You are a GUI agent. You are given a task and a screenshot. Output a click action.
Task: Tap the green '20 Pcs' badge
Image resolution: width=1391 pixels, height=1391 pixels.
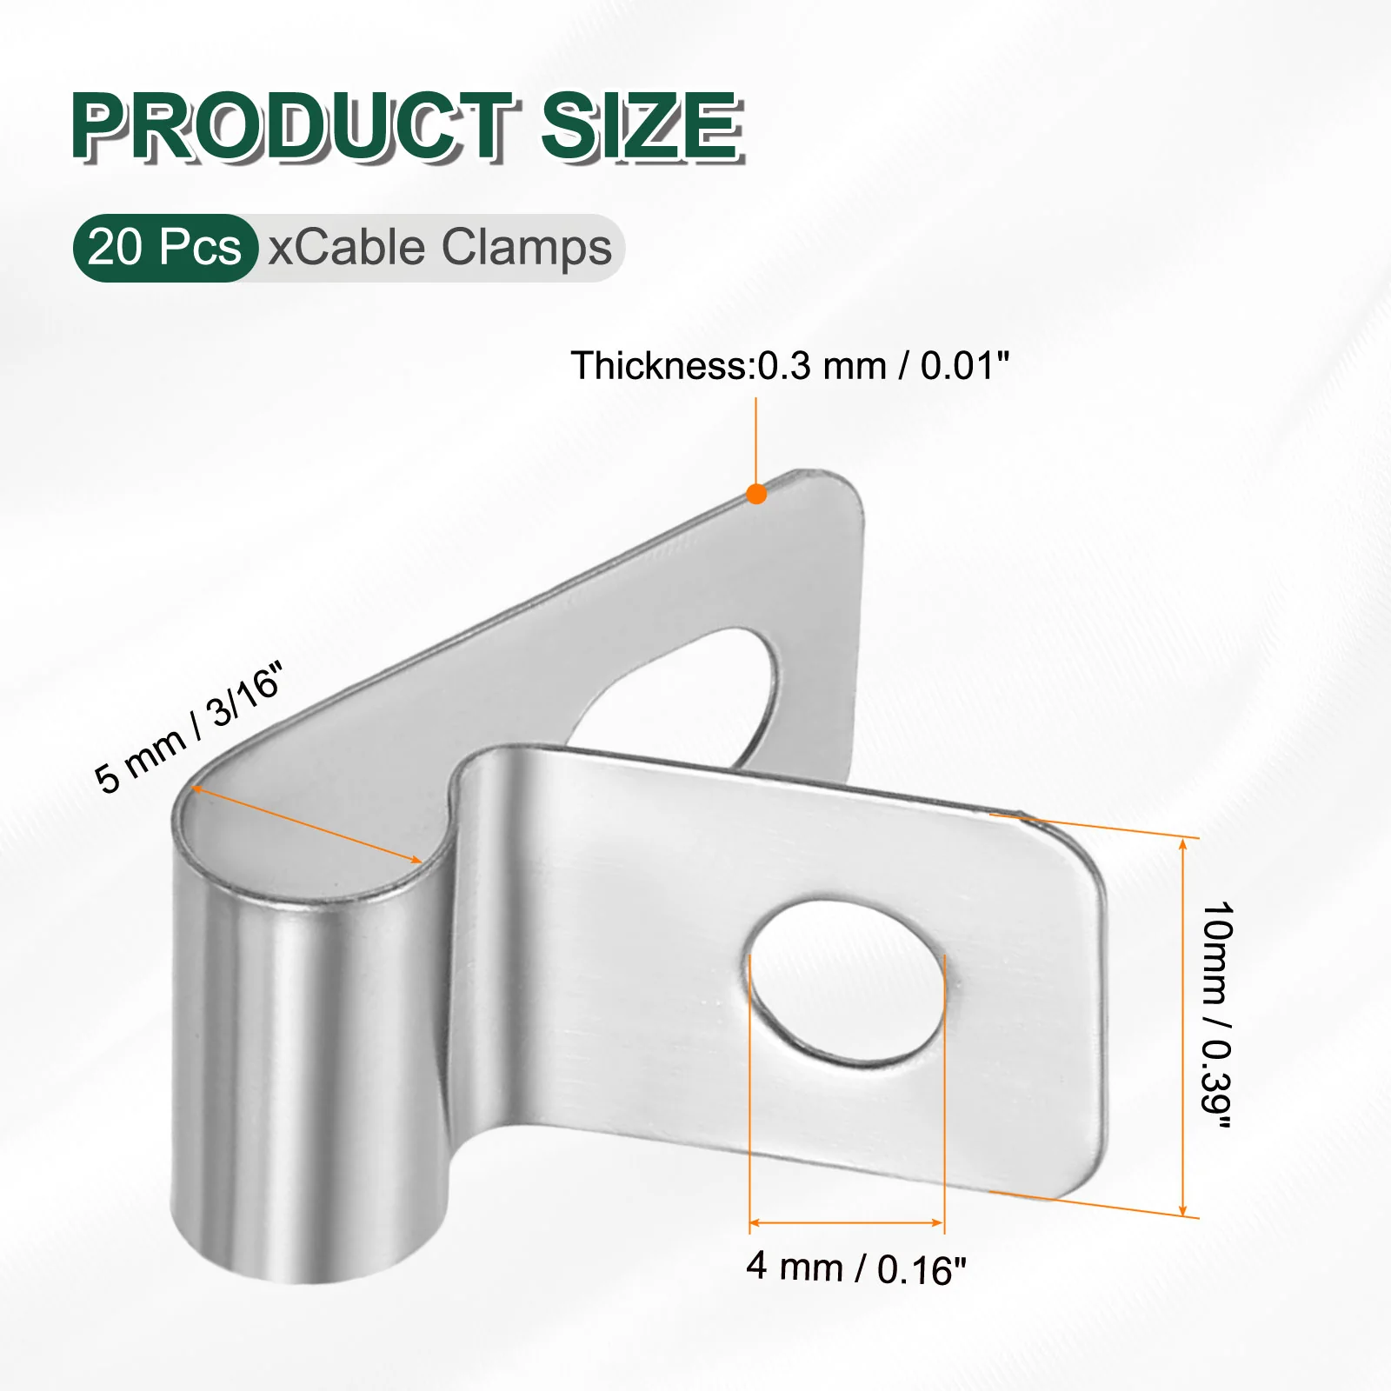click(165, 248)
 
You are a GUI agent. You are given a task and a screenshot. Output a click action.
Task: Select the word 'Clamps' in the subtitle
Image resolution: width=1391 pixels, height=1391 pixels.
click(527, 249)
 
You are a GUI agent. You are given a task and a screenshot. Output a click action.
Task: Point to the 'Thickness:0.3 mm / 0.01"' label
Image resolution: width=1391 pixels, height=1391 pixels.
click(789, 365)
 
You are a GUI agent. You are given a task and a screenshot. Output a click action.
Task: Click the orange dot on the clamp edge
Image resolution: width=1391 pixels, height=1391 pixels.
click(756, 494)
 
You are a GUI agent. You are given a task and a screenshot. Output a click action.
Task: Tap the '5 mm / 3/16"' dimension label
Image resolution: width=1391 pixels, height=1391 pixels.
click(190, 729)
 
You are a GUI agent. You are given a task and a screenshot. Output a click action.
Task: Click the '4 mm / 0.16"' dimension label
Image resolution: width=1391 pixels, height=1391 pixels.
click(856, 1268)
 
